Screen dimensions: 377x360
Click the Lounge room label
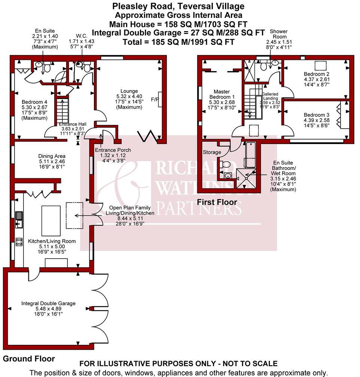129,91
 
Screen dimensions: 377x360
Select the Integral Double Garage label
48,303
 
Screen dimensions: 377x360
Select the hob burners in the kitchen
19,241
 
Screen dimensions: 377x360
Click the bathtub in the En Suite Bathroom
250,155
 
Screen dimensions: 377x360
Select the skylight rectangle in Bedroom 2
320,65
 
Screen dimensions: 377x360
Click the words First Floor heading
217,202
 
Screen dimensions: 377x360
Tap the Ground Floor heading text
29,359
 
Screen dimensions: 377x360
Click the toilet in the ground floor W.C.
87,68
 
